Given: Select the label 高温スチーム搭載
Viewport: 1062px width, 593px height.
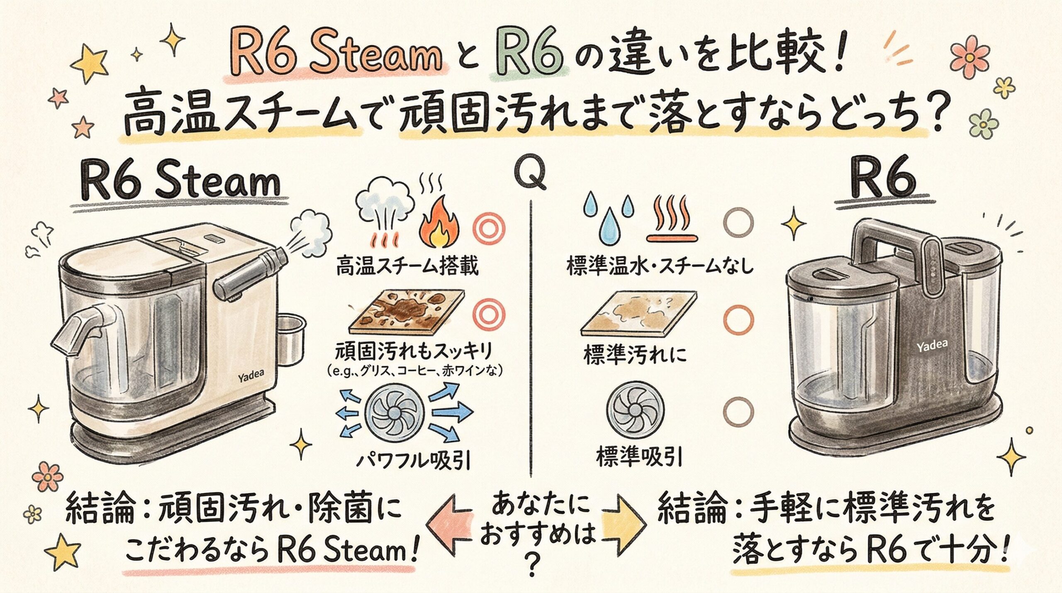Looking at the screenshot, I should click(407, 266).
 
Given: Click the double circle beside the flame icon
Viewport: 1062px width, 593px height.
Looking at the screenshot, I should click(490, 229).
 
